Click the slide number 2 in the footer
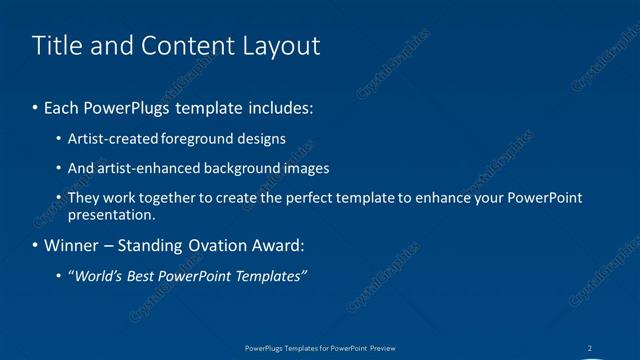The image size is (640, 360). tap(590, 348)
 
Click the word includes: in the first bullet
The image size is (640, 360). tap(281, 106)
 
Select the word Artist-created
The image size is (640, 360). tap(108, 138)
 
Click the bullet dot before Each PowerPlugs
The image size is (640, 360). tap(36, 107)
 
